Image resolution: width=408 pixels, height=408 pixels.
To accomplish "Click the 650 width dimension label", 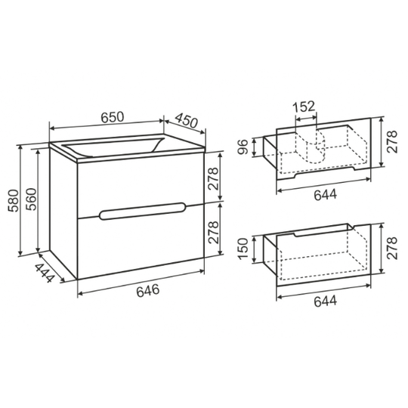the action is (113, 117).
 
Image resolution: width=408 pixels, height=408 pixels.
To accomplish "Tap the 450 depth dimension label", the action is (187, 120).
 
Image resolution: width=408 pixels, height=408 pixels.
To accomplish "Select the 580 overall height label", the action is (14, 201).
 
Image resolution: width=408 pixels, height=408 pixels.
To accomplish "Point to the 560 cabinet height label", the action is (31, 199).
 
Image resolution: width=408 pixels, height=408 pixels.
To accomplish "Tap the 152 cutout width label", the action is (304, 107).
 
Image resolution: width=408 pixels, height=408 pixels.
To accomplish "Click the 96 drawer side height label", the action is (244, 147).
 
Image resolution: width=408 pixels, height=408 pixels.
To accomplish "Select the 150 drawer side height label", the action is (244, 249).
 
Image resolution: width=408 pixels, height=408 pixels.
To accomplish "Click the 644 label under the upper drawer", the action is (325, 195).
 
